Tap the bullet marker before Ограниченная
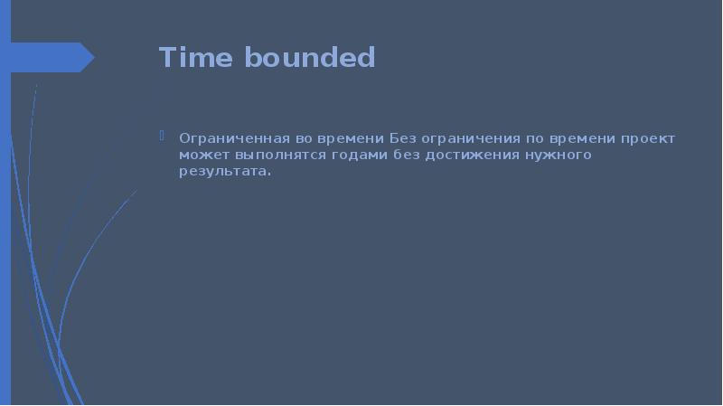point(162,137)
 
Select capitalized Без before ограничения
point(405,139)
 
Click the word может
point(197,156)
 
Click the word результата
point(224,172)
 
